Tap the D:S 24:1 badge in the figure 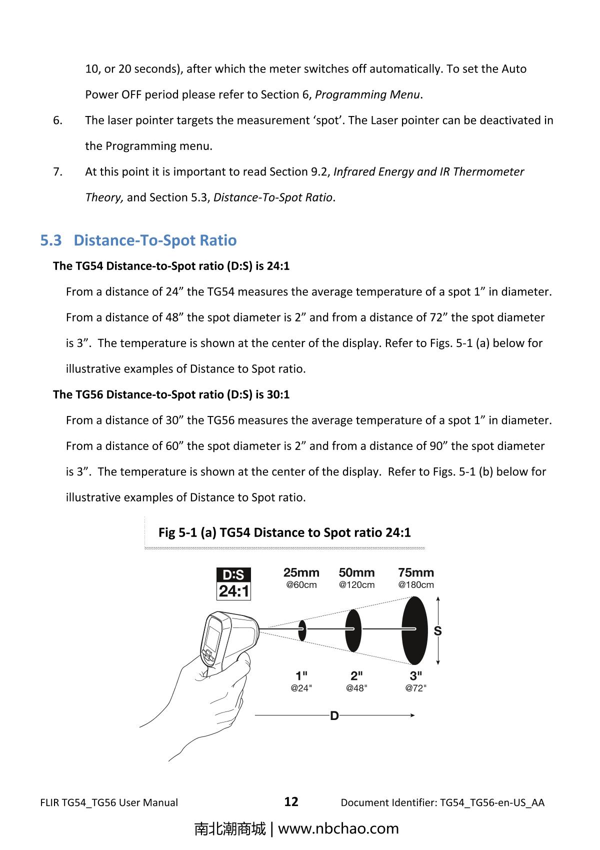click(x=233, y=583)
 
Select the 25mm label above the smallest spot click(x=301, y=572)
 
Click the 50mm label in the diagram click(x=356, y=572)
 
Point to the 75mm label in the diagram click(x=415, y=572)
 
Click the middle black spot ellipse click(x=353, y=630)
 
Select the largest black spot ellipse click(x=415, y=630)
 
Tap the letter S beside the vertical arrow click(x=437, y=631)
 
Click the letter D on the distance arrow click(x=334, y=716)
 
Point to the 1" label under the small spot click(x=301, y=676)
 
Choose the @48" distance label click(x=356, y=688)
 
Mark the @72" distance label click(x=415, y=688)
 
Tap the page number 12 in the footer click(x=291, y=802)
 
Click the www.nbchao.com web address click(x=338, y=828)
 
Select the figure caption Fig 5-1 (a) click(x=284, y=532)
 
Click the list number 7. click(x=57, y=172)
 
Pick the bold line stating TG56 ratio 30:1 click(x=171, y=394)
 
